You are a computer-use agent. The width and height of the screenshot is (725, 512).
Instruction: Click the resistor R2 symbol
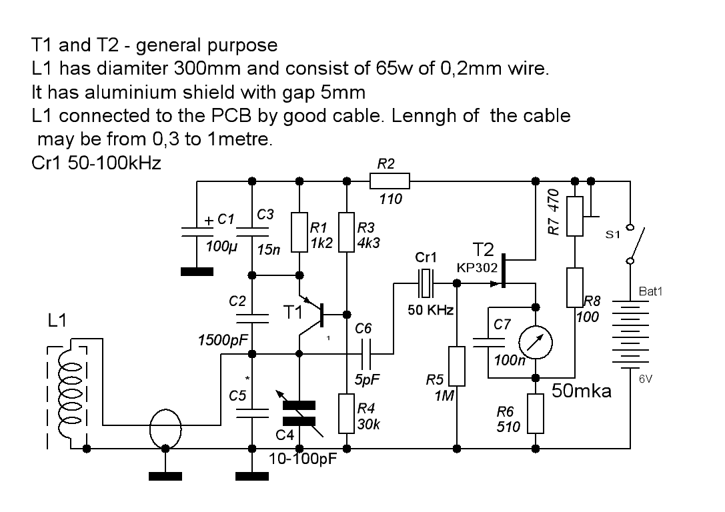390,180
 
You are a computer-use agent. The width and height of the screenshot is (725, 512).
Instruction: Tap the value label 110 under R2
390,199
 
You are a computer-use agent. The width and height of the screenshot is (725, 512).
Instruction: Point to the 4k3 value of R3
369,243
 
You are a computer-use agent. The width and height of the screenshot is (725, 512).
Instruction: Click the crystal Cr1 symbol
426,283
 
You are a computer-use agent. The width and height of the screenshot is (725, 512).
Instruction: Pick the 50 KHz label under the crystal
431,311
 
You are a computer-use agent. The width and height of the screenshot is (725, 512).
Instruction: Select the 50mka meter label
581,391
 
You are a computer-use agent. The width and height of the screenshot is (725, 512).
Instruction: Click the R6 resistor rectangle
536,413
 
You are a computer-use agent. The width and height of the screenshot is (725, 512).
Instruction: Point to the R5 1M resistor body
456,366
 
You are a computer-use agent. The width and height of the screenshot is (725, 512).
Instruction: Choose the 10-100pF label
303,459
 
